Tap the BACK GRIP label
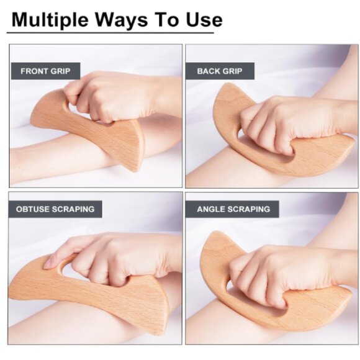click(x=220, y=71)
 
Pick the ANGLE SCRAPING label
click(x=233, y=209)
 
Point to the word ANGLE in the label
click(x=212, y=209)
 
